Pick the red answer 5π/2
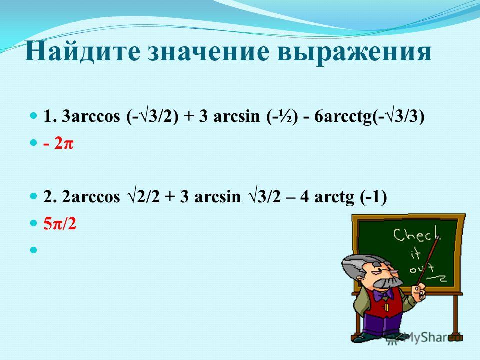59,224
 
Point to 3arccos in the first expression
91,116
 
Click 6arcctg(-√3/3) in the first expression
369,117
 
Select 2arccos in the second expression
91,197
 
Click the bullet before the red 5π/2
33,223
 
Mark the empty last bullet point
33,250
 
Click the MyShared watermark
425,338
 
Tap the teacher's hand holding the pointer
419,290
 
